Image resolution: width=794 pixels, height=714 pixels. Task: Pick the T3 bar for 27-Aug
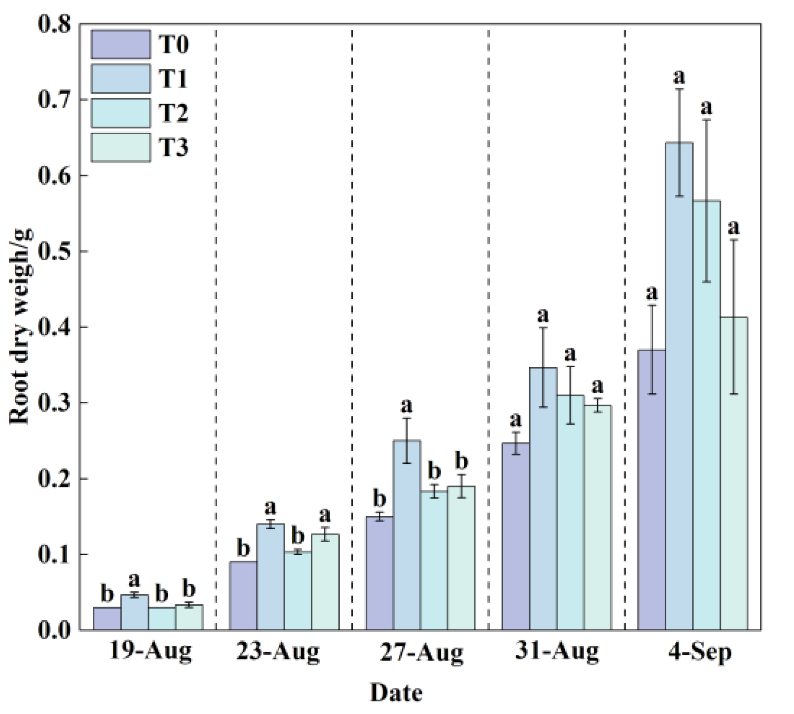pyautogui.click(x=461, y=558)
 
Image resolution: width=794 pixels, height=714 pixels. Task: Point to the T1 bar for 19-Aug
pyautogui.click(x=134, y=612)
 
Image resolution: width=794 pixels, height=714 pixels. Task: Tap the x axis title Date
pyautogui.click(x=397, y=693)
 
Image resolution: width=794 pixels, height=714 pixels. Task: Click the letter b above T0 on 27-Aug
pyautogui.click(x=380, y=498)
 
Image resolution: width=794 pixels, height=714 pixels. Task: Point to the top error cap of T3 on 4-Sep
pyautogui.click(x=734, y=240)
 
